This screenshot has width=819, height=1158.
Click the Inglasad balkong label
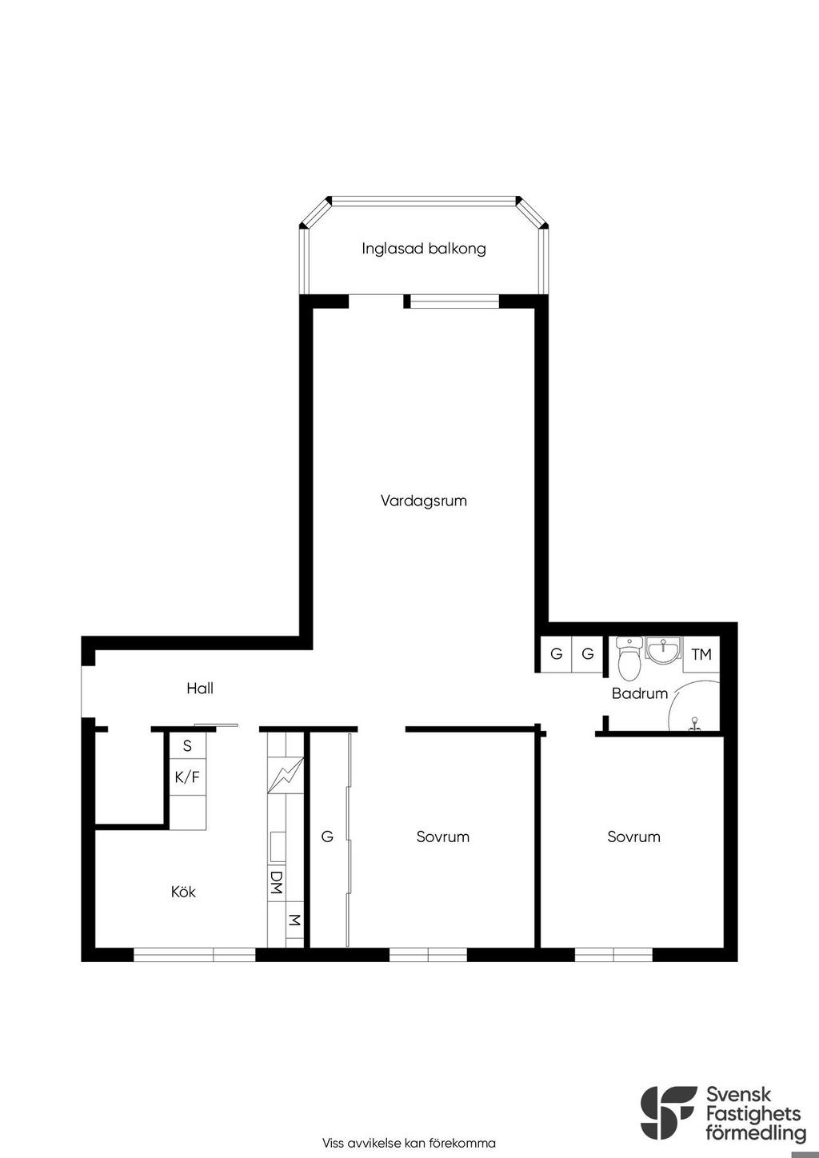423,250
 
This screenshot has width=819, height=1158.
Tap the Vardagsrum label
423,501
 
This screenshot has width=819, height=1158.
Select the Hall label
200,688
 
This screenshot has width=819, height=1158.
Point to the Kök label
183,892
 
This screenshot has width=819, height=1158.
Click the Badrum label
640,693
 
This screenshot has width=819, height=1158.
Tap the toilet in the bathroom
629,658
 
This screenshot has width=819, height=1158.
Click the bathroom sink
663,650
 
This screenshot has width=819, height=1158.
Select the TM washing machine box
701,654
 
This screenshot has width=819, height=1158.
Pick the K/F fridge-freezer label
187,777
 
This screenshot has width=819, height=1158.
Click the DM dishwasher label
277,882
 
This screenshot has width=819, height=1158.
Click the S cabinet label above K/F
187,745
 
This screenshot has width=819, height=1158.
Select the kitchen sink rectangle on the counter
278,847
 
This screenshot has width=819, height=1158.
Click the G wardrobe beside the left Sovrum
327,837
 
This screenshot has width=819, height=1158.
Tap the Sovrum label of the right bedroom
634,837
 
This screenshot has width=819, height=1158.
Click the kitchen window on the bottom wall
194,954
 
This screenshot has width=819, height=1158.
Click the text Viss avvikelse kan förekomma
409,1143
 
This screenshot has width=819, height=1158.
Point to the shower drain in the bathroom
695,723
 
